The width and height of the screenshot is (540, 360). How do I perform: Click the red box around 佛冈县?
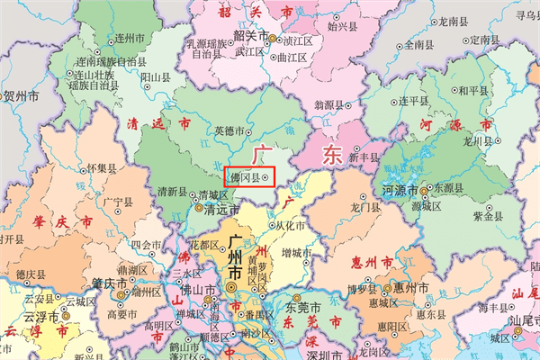pyautogui.click(x=247, y=177)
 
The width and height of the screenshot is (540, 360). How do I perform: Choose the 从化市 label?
pyautogui.click(x=290, y=225)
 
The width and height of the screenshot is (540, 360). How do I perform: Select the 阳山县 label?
pyautogui.click(x=157, y=78)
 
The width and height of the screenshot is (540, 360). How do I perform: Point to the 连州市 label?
pyautogui.click(x=131, y=40)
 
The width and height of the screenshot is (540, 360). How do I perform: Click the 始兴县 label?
pyautogui.click(x=342, y=27)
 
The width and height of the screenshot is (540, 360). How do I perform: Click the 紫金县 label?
pyautogui.click(x=487, y=216)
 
